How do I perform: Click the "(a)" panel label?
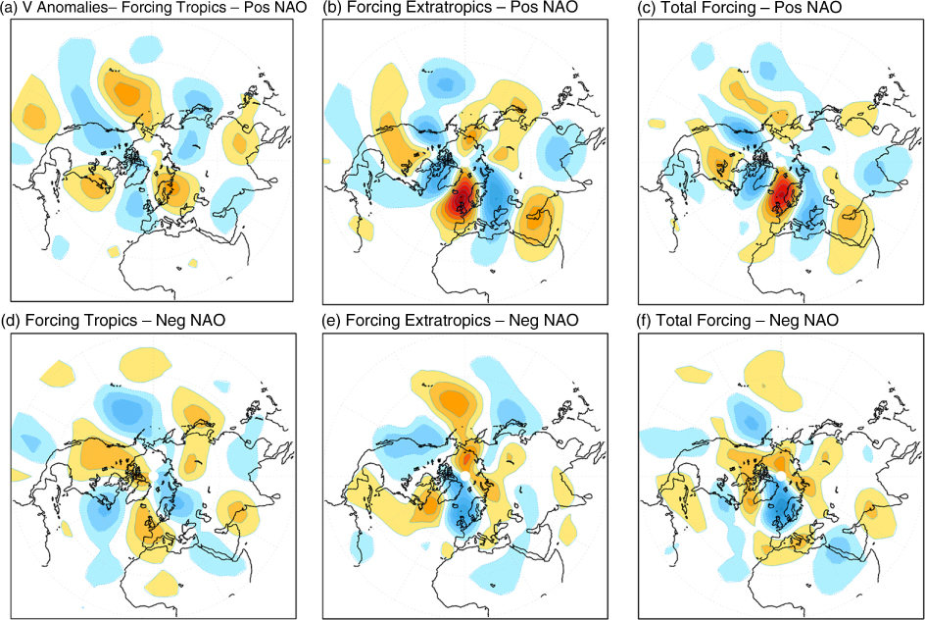[x=8, y=8]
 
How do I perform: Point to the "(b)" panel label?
[x=333, y=8]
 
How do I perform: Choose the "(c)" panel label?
[x=647, y=8]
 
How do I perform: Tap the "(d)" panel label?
[x=11, y=321]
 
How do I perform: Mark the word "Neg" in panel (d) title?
[x=169, y=321]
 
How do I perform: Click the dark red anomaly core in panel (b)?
[x=461, y=197]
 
